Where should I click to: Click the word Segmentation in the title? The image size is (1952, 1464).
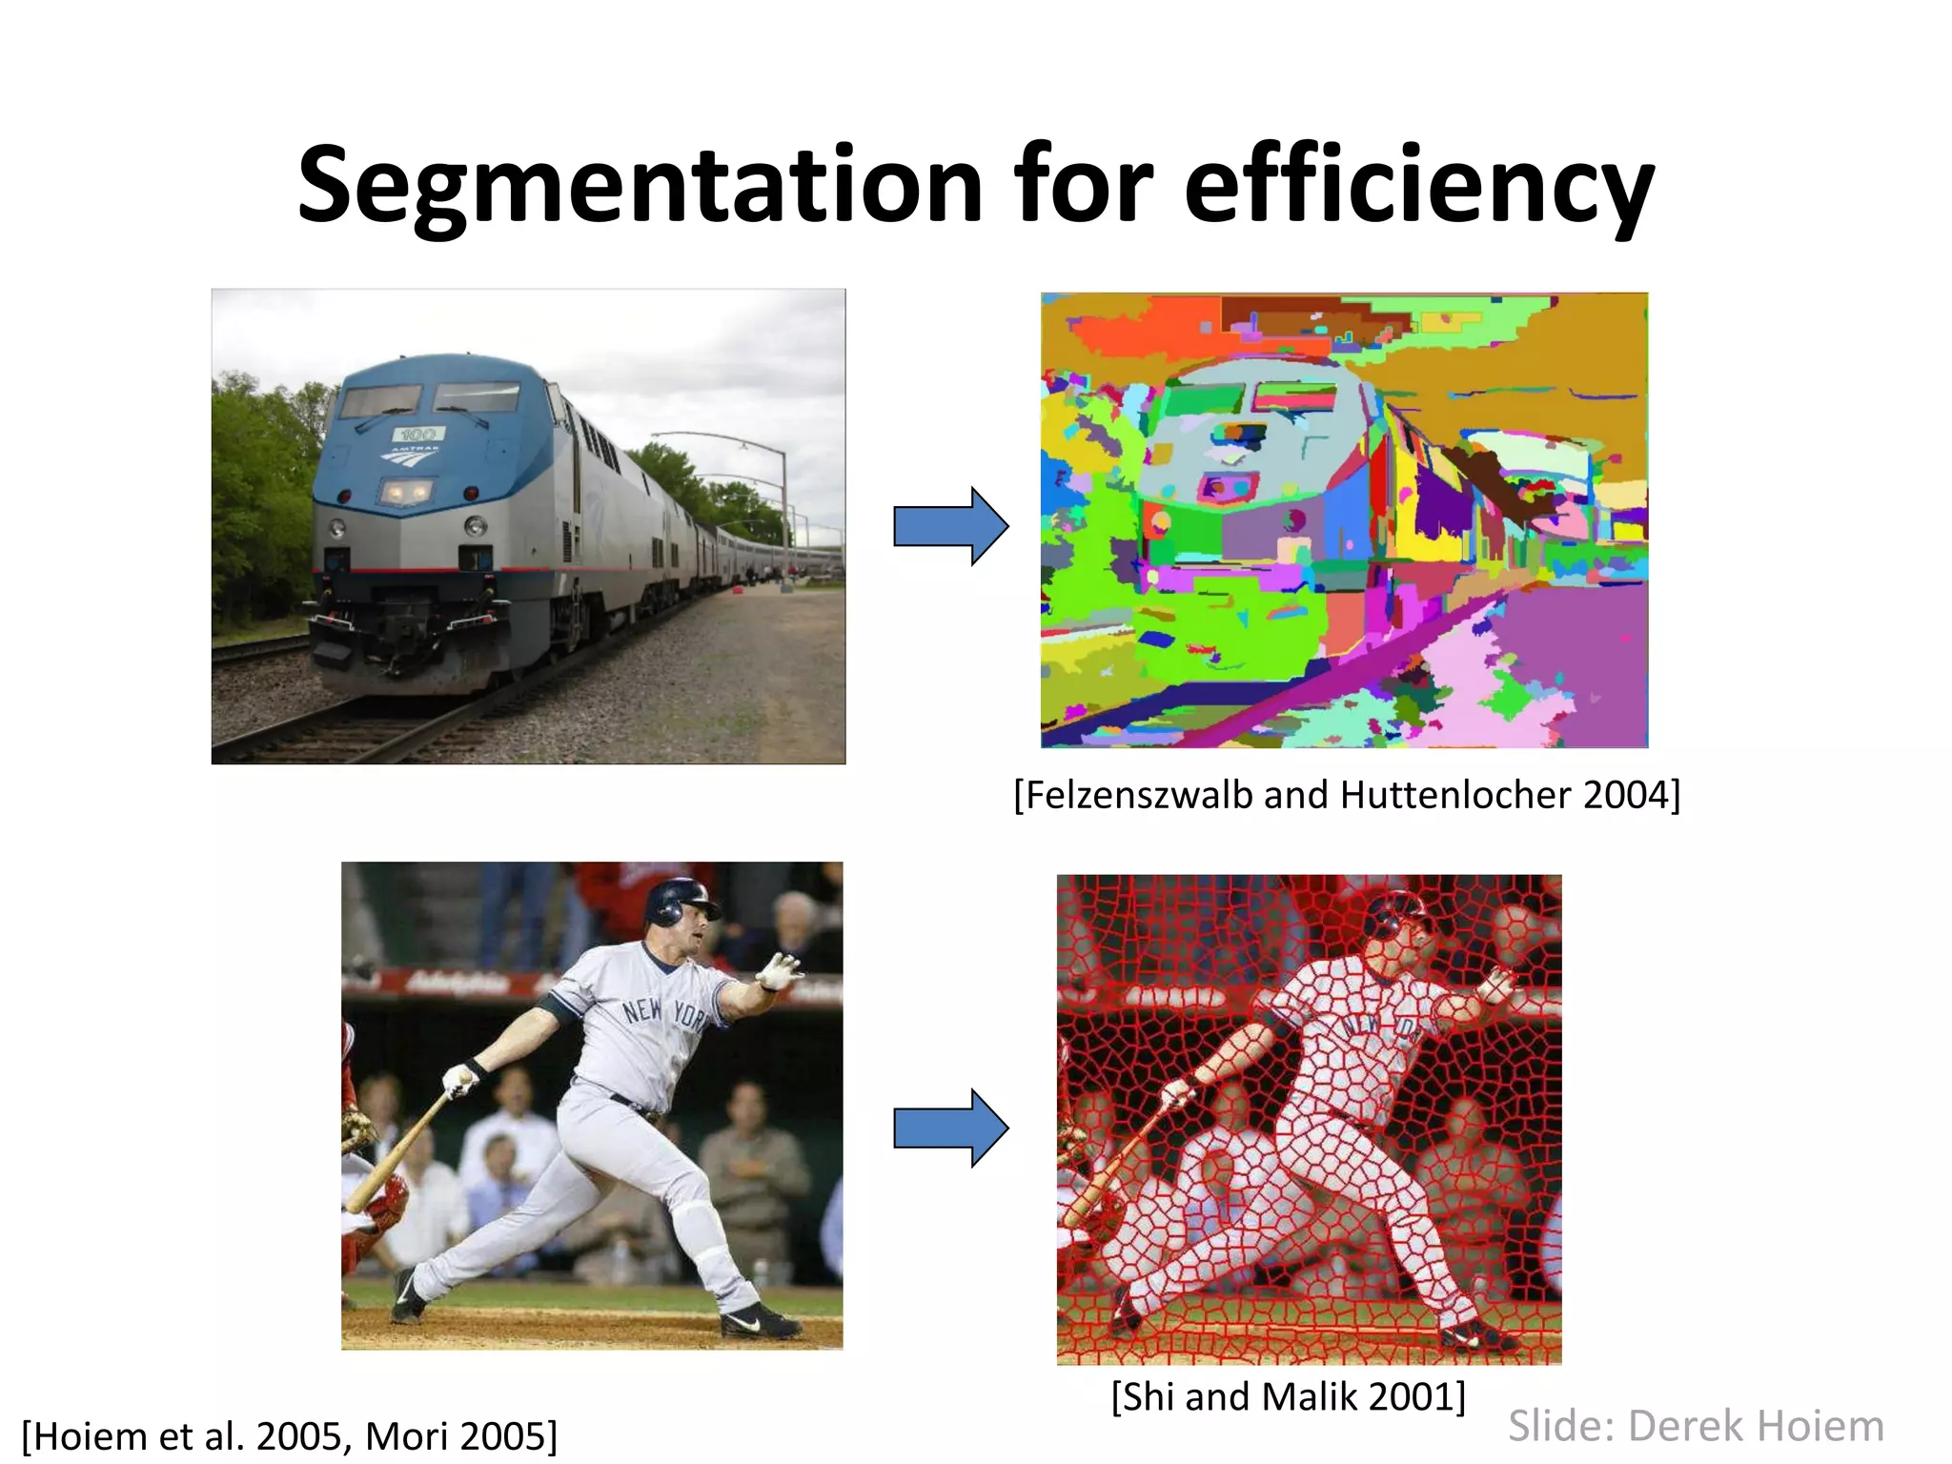pos(640,186)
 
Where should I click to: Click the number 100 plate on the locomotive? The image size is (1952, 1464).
pos(416,435)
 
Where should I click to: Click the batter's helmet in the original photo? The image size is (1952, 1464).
pos(678,901)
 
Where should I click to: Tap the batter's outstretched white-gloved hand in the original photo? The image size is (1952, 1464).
pos(780,971)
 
